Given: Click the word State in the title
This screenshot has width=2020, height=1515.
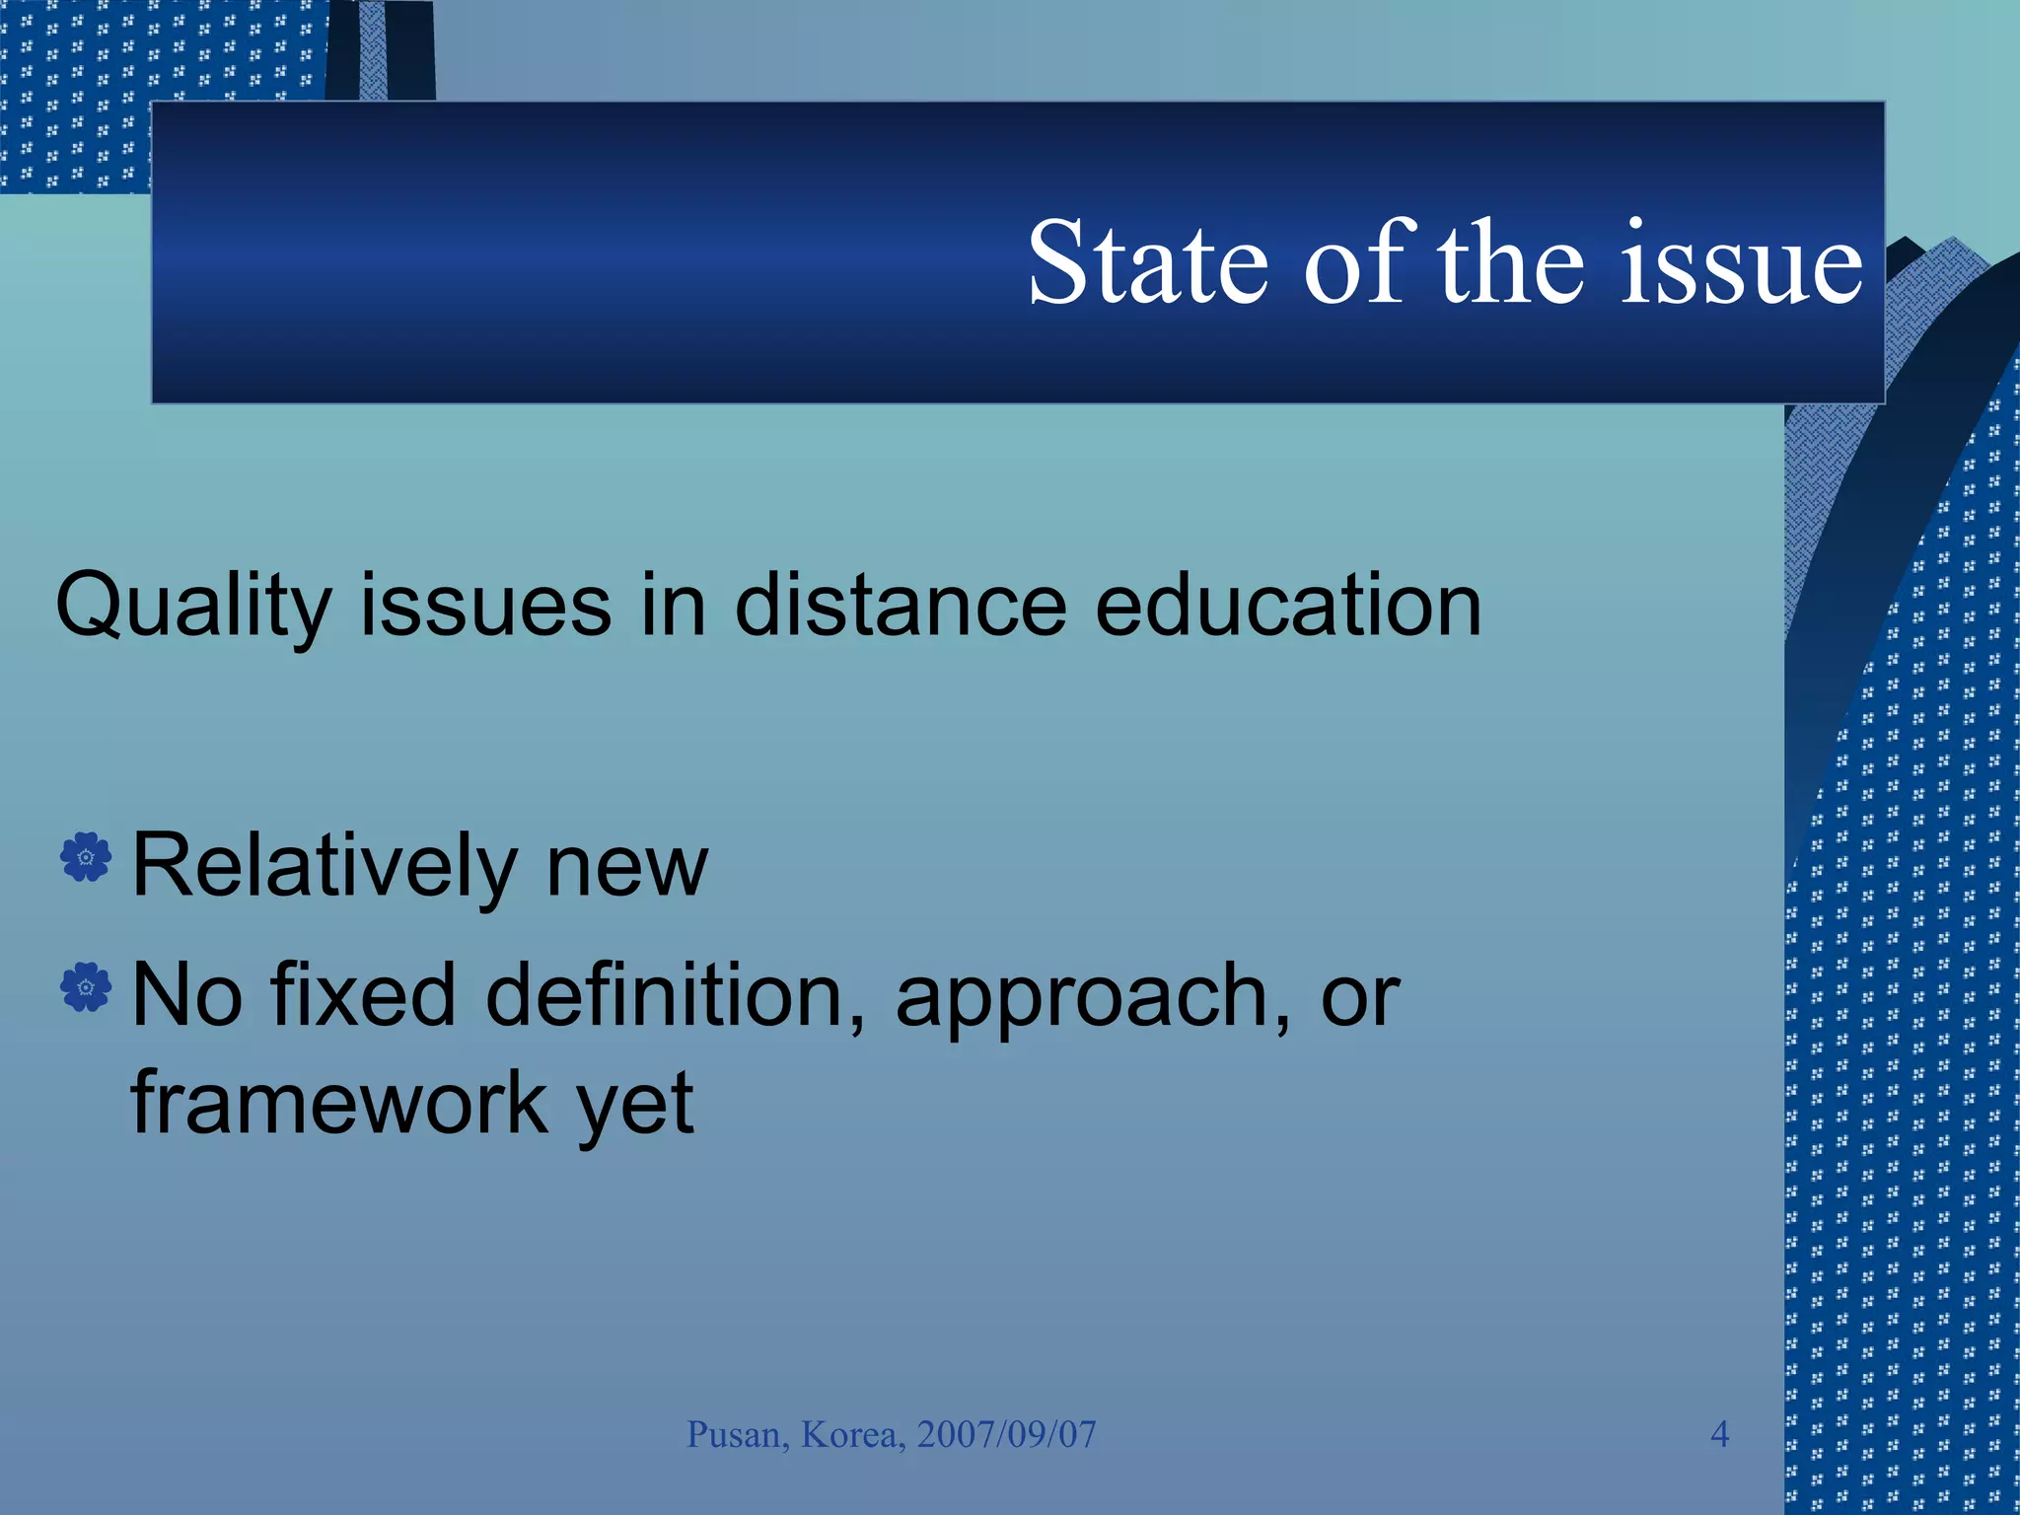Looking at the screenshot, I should coord(1147,263).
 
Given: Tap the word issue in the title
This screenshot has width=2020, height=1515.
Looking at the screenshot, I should coord(1743,263).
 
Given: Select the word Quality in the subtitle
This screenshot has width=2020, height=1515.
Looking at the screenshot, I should coord(193,606).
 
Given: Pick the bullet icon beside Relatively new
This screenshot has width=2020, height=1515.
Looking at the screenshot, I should coord(86,857).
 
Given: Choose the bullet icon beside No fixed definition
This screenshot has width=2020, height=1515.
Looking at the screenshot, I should coord(86,986).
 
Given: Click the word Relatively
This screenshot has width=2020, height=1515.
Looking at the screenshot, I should coord(325,866).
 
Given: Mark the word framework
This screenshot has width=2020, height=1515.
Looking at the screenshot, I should coord(339,1102).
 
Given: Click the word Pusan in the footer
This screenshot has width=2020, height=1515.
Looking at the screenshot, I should coord(738,1435).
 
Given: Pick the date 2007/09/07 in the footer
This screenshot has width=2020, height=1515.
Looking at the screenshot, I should coord(1006,1435).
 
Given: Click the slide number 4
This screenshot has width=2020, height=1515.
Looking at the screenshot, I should coord(1719,1434).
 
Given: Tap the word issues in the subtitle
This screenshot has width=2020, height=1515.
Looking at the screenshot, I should coord(485,606).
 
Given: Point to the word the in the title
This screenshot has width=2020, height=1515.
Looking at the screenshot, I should coord(1510,263).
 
